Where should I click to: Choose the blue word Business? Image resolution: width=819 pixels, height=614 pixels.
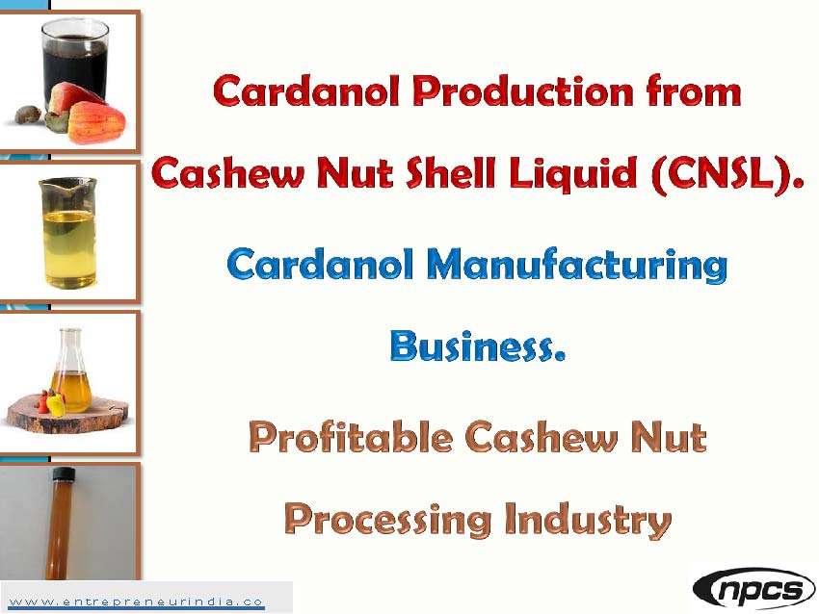477,345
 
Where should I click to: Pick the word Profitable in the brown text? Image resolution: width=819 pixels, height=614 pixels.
350,438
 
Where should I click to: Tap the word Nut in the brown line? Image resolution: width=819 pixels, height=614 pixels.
667,438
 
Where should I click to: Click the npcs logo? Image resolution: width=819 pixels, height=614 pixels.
753,588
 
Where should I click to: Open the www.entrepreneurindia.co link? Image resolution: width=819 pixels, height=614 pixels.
136,601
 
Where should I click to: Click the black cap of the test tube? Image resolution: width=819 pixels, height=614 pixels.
66,474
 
